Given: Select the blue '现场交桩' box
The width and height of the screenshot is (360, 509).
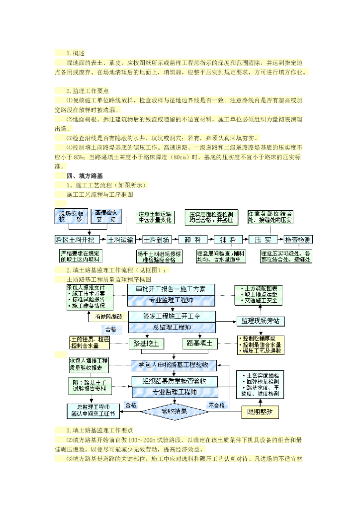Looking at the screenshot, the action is click(x=71, y=216).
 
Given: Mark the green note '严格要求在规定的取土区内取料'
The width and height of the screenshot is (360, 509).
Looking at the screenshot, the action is click(x=80, y=256).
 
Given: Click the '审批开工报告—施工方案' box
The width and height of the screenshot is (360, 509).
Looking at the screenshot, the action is click(x=172, y=289).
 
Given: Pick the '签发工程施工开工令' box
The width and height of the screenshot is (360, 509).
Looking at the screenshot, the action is click(x=172, y=316).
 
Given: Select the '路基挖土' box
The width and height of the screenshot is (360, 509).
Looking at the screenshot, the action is click(x=146, y=343).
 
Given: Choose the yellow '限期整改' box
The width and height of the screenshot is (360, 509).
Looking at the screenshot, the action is click(x=260, y=412).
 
